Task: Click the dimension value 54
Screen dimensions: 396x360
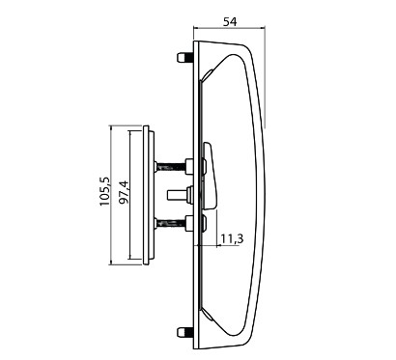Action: click(x=230, y=22)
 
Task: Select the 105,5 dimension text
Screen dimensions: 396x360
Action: click(x=104, y=192)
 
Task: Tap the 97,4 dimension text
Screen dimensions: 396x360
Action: click(x=124, y=192)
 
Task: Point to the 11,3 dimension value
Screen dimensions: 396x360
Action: click(x=232, y=238)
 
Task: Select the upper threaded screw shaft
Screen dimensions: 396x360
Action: click(x=171, y=167)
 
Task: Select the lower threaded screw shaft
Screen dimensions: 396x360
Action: click(x=171, y=222)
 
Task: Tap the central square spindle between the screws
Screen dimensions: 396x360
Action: click(x=177, y=195)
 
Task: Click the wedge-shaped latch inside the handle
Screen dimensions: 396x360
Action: click(x=210, y=177)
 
